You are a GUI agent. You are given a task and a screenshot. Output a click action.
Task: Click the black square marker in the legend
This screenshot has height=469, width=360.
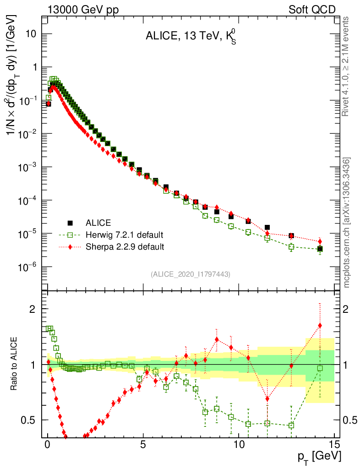[70, 223]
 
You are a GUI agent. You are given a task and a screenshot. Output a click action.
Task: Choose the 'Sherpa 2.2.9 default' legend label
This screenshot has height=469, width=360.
[125, 247]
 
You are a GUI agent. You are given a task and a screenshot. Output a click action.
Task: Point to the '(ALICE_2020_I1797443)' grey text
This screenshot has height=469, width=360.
[190, 274]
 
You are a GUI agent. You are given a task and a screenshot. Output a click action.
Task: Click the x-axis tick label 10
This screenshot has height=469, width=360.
[239, 444]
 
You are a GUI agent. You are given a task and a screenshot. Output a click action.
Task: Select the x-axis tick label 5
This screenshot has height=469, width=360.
[143, 444]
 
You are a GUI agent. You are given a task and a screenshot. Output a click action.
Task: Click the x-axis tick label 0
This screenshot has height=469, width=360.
[48, 444]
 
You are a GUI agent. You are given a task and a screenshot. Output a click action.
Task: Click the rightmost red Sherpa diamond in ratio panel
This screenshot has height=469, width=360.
[320, 326]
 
